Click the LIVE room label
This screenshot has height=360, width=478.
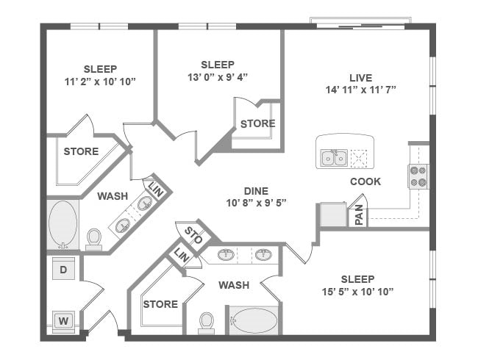[x=360, y=78]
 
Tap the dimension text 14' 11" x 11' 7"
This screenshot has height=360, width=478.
[x=360, y=91]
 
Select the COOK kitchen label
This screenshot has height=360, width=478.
[x=365, y=181]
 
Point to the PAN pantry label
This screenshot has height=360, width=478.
[x=358, y=215]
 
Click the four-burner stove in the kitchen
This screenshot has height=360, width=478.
[x=418, y=176]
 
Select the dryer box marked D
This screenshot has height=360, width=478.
[x=64, y=270]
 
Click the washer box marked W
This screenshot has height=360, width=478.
[x=64, y=320]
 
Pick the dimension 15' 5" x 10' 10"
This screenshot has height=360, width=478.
[x=357, y=292]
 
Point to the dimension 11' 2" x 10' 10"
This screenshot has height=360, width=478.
[x=99, y=82]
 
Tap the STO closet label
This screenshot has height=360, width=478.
[x=193, y=235]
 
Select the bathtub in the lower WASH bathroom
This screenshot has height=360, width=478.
[x=253, y=321]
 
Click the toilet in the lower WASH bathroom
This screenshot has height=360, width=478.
[x=207, y=322]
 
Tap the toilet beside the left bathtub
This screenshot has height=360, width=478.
[x=94, y=239]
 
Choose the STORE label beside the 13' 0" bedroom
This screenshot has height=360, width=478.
[x=257, y=123]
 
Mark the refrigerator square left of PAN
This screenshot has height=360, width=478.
[x=332, y=215]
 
